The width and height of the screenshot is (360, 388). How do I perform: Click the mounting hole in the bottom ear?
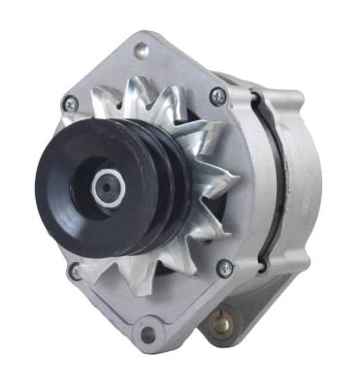[x=147, y=335]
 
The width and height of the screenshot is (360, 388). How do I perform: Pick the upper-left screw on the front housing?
[x=69, y=102]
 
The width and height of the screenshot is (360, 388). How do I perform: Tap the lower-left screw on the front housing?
[x=75, y=272]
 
